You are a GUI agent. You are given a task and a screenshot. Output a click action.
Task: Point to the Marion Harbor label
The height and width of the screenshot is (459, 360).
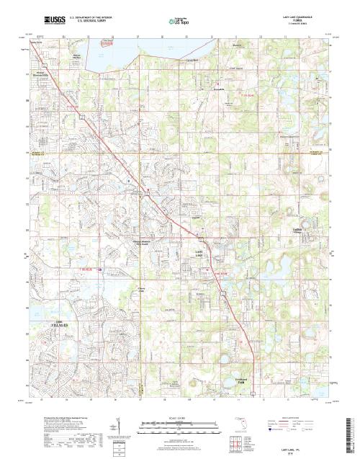tap(78, 55)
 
